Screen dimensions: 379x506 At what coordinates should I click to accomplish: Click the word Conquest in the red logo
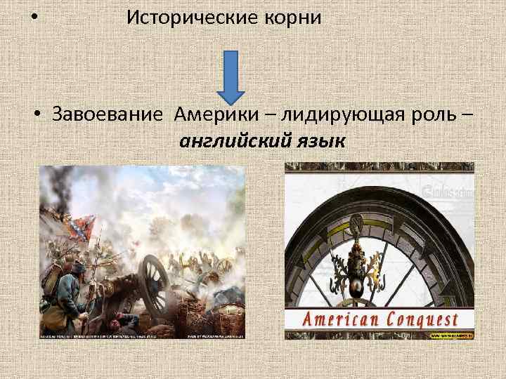(x=422, y=320)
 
